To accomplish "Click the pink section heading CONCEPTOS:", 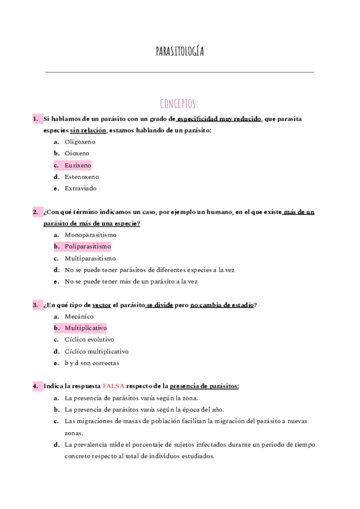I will [x=179, y=103].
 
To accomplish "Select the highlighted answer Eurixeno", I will [x=77, y=165].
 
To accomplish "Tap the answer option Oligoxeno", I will [x=80, y=142].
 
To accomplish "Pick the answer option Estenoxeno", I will [x=82, y=177].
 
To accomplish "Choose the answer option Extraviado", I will [x=80, y=188].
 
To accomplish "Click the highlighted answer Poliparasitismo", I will [x=88, y=247].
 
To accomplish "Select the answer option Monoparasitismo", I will [x=91, y=235].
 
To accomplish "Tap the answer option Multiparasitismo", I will [x=90, y=258].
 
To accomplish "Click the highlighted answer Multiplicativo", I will [x=85, y=328].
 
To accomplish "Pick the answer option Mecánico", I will [x=79, y=316].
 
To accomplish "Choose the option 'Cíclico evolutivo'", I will [x=89, y=340].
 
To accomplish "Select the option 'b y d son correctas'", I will [x=92, y=363].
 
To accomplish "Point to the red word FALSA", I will [x=114, y=386].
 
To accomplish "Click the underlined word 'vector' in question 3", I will [x=102, y=305].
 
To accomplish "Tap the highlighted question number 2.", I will [x=35, y=212].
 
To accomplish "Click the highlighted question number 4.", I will [x=35, y=386].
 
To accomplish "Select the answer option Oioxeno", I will [x=77, y=154].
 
